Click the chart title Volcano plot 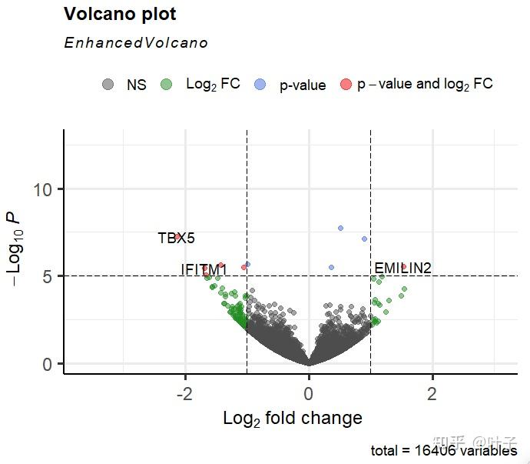[120, 15]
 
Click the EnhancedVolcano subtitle [136, 43]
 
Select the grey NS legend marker [108, 85]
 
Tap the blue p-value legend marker [262, 85]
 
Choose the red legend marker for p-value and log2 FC [346, 85]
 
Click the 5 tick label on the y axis [47, 276]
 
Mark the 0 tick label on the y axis [47, 363]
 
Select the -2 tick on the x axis [185, 394]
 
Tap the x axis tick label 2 [432, 394]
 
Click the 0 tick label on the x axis [309, 394]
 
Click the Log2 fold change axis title [292, 419]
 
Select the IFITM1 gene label [204, 269]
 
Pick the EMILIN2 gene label [402, 268]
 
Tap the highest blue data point [340, 228]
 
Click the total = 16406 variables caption [443, 451]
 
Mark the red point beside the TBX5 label [178, 236]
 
